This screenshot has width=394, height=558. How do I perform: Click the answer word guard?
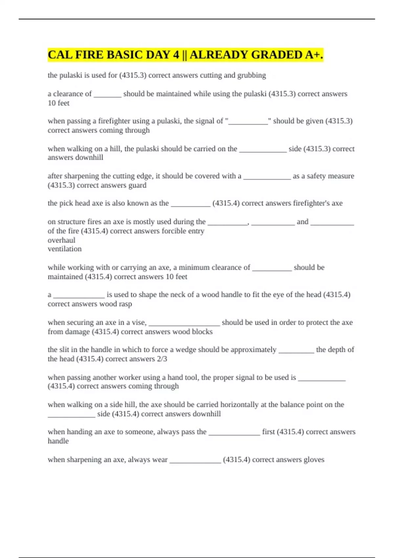137,185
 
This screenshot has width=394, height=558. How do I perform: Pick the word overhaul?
61,240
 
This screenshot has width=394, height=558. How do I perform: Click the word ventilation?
64,249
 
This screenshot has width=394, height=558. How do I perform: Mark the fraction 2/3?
162,359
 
